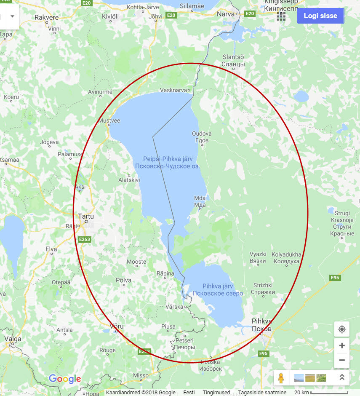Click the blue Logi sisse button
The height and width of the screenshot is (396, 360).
320,16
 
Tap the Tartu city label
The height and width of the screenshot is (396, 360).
86,216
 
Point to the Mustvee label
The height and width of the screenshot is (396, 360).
109,121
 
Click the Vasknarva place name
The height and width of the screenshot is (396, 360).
173,90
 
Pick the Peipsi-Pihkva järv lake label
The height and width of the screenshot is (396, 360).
167,159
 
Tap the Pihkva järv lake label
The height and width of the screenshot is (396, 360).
218,286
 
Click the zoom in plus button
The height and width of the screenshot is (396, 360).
341,345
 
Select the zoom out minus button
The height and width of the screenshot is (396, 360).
341,360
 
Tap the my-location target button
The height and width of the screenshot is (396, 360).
341,329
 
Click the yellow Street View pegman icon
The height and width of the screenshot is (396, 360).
281,378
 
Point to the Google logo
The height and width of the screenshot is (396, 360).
65,379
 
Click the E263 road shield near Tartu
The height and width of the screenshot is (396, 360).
85,239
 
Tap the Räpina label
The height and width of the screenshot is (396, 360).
165,274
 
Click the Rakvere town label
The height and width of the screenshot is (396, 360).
46,17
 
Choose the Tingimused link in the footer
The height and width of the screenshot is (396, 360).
216,393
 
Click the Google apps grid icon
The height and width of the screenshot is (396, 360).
281,16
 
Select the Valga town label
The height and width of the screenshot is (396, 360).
12,338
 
